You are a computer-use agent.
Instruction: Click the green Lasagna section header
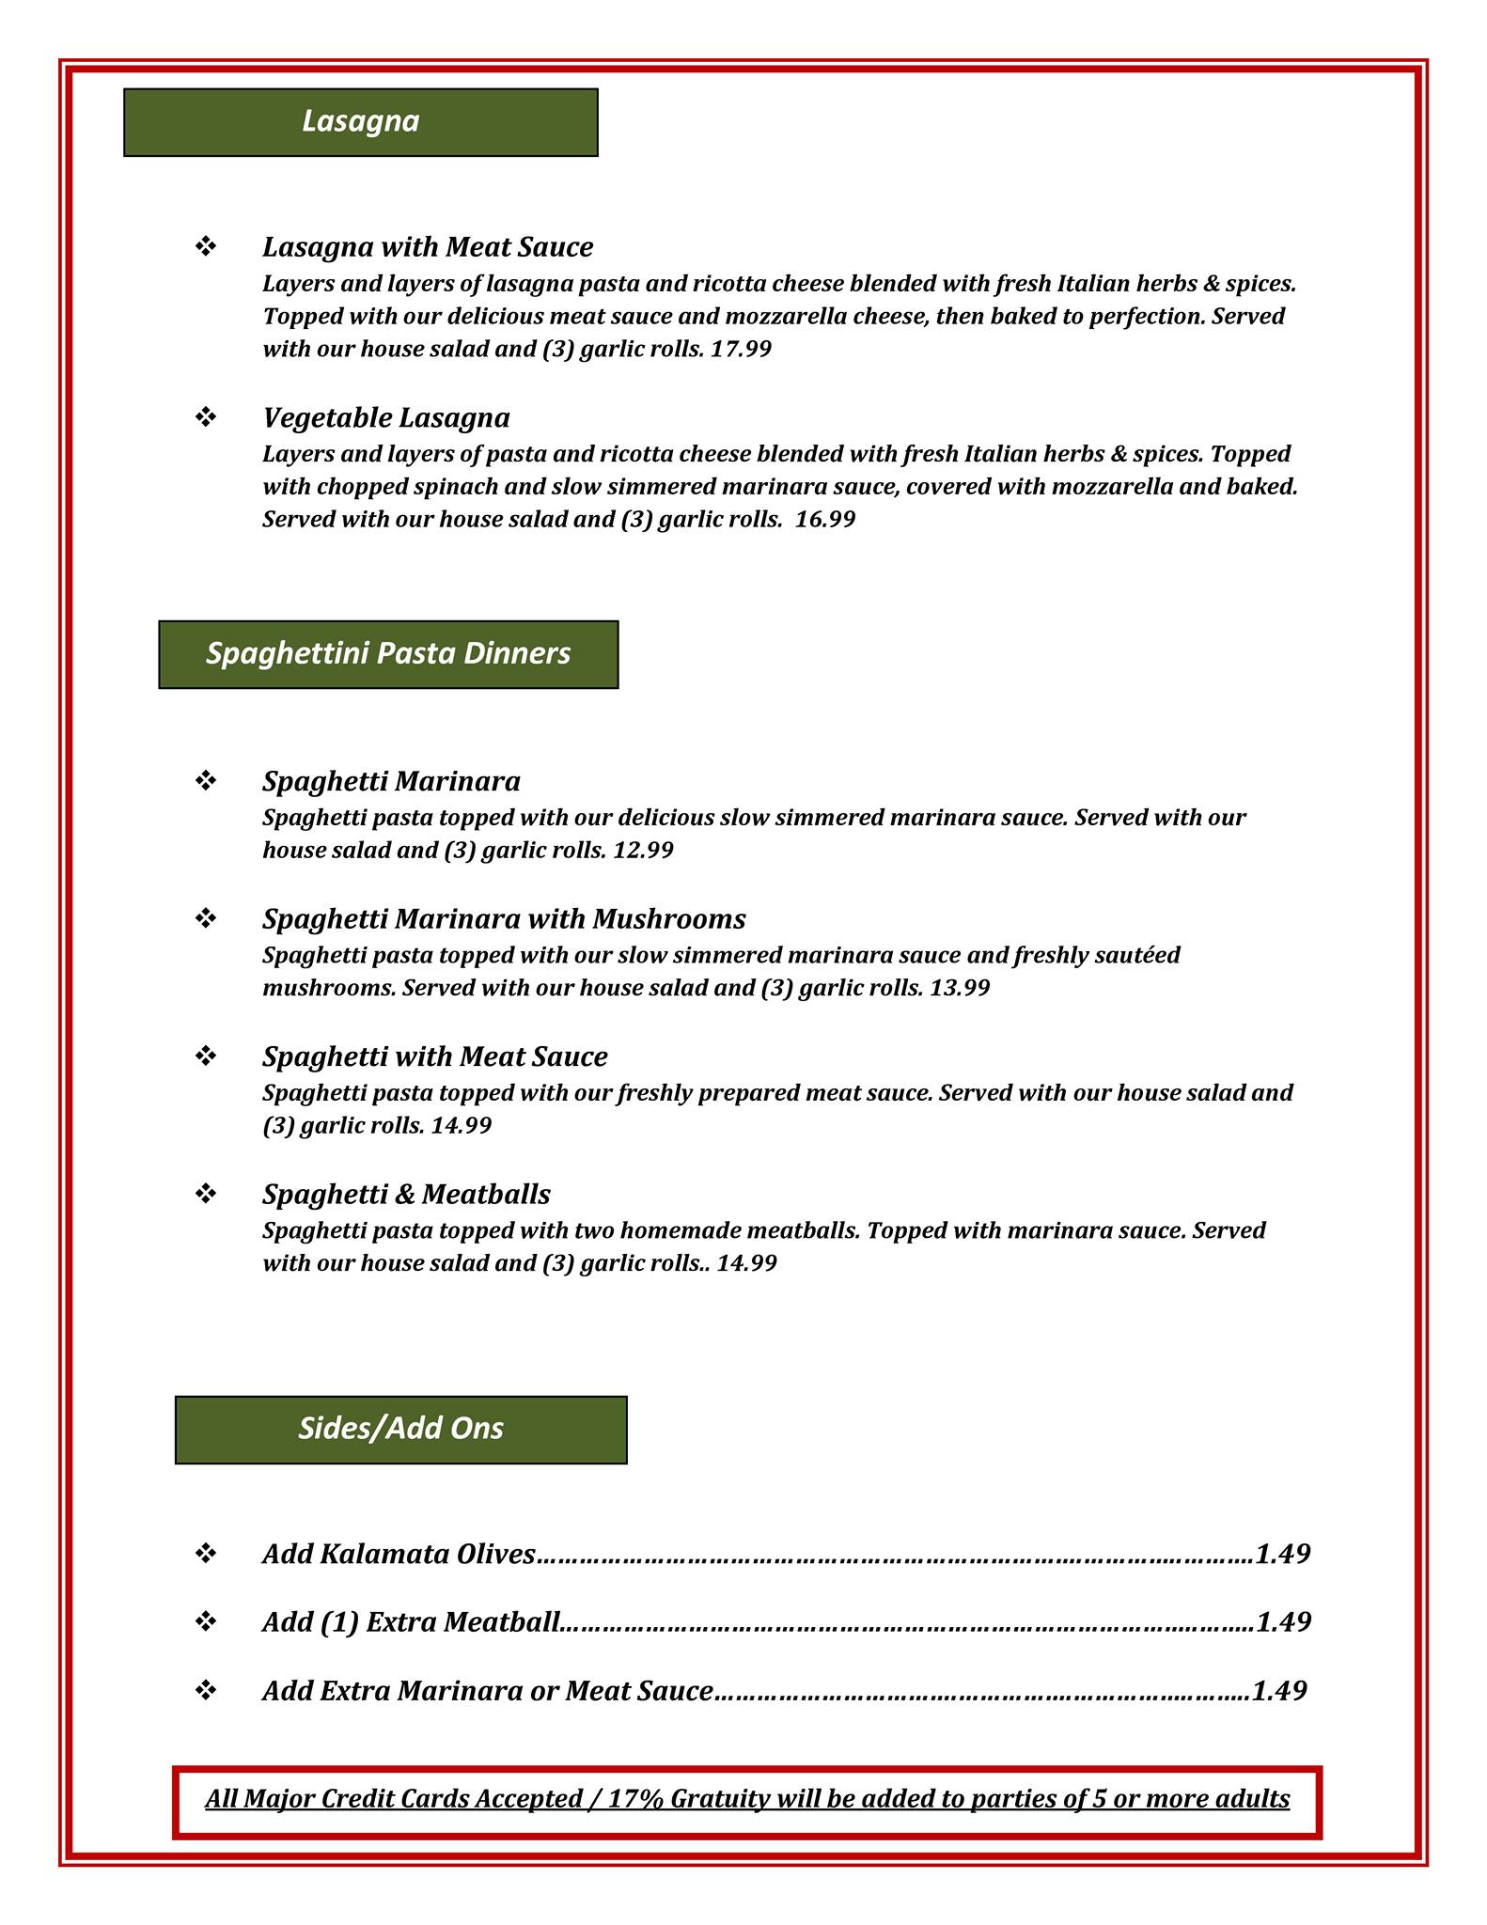click(360, 122)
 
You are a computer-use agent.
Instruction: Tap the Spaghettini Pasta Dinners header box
click(388, 654)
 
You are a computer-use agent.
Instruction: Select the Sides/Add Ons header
click(400, 1429)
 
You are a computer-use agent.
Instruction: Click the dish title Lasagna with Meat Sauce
click(428, 247)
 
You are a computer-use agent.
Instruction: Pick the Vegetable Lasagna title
click(385, 417)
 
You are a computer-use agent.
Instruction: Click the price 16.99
click(825, 520)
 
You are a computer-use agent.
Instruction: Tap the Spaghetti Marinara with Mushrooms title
click(504, 918)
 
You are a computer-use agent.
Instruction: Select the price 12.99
click(643, 851)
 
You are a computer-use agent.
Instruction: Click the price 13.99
click(960, 989)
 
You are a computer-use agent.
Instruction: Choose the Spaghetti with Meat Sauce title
click(434, 1056)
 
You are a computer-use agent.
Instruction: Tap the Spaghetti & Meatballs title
click(406, 1195)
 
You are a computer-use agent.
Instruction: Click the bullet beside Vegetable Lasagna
click(206, 416)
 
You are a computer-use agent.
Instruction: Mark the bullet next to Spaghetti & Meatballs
click(206, 1194)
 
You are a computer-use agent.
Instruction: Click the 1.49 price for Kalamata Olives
click(1282, 1554)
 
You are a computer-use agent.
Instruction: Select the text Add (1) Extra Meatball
click(411, 1622)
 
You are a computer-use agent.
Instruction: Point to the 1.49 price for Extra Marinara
click(1279, 1691)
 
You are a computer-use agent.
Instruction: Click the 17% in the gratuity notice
click(636, 1799)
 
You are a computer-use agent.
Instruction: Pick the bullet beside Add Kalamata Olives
click(206, 1554)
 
